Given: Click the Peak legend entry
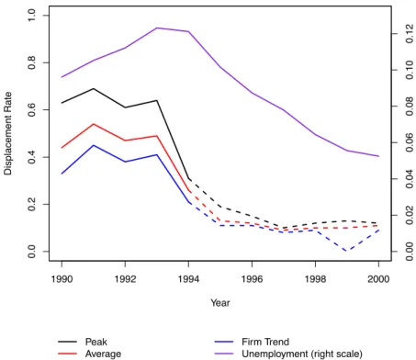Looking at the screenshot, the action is click(x=83, y=342).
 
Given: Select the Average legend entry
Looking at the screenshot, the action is click(x=89, y=354).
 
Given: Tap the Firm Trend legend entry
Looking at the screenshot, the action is click(x=252, y=342).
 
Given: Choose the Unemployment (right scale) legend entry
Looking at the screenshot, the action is click(x=288, y=354).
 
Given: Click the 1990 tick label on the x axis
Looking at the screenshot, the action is click(x=62, y=279).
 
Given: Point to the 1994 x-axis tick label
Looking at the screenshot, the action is click(x=188, y=279).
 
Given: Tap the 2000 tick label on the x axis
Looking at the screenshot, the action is click(x=378, y=279).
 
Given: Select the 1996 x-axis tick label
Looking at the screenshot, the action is click(x=252, y=279).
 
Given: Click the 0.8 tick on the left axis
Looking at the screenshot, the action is click(x=31, y=62).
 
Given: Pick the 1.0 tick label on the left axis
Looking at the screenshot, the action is click(x=31, y=16).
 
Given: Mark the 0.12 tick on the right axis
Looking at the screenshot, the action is click(x=409, y=34).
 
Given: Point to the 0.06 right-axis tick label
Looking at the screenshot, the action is click(x=409, y=142).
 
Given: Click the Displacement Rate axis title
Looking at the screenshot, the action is click(x=7, y=133).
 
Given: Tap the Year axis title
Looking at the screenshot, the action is click(x=220, y=303).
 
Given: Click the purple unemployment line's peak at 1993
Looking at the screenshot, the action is click(x=157, y=28).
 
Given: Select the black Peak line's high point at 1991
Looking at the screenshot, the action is click(x=94, y=88).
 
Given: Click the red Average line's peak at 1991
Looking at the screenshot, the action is click(x=94, y=124).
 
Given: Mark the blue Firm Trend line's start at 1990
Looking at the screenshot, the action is click(x=62, y=174).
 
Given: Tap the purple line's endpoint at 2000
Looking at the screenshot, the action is click(x=378, y=156).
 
